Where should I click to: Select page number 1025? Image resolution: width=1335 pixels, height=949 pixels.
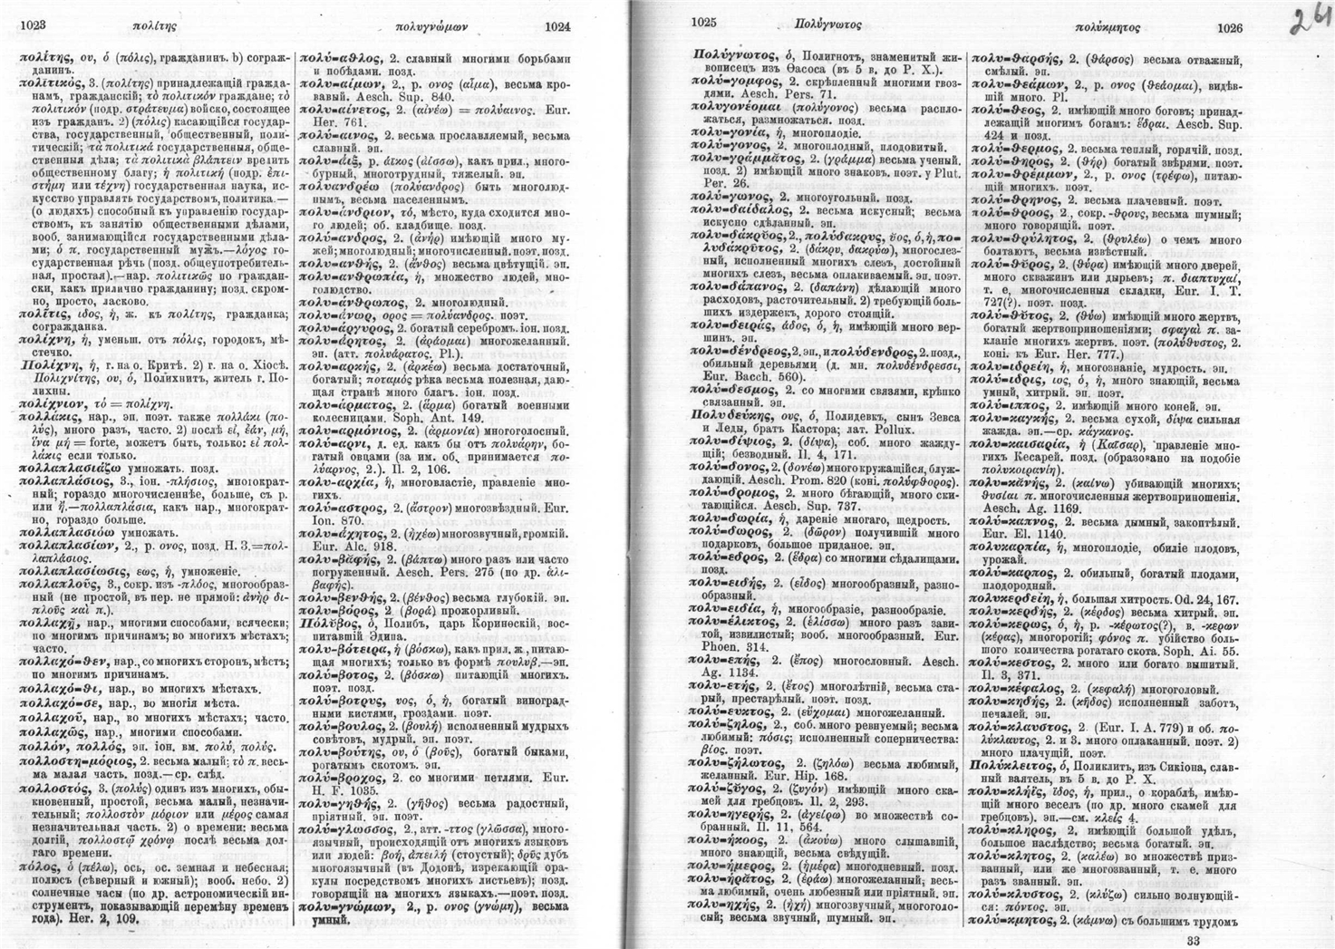[704, 24]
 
